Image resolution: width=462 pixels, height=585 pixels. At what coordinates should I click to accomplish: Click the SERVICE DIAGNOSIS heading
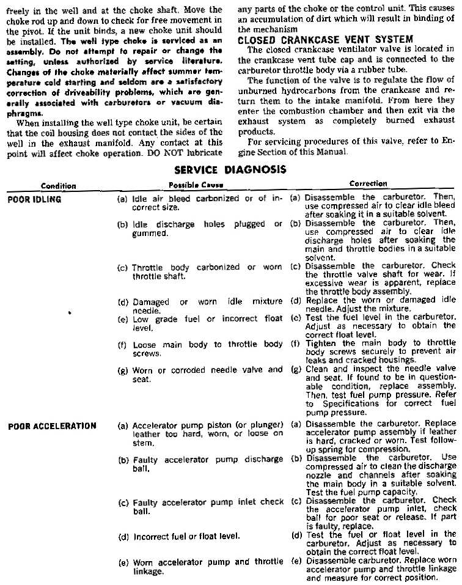[x=230, y=170]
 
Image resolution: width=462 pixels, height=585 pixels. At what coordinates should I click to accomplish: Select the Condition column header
[x=59, y=186]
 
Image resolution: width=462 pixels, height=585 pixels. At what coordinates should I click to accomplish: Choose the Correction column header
[x=368, y=183]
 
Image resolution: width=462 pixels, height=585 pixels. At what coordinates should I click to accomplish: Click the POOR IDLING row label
[x=34, y=199]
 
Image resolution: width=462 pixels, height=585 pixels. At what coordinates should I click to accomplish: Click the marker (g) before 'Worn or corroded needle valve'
[x=122, y=370]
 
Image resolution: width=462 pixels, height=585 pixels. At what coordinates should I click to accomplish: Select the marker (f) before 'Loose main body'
[x=122, y=345]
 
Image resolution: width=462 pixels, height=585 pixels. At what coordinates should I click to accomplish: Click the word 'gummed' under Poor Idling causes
[x=147, y=234]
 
